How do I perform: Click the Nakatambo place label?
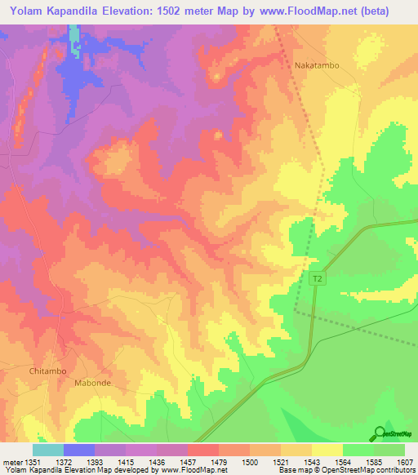tap(316, 64)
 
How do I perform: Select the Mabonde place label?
tap(92, 382)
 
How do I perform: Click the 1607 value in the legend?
tap(403, 461)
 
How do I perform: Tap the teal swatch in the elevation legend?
tap(48, 450)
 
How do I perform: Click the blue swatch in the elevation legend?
tap(79, 450)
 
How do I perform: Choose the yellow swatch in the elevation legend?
tap(327, 450)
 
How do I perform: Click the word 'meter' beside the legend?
tap(11, 461)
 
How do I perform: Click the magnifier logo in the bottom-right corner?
tap(380, 433)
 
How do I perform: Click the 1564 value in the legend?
tap(342, 461)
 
